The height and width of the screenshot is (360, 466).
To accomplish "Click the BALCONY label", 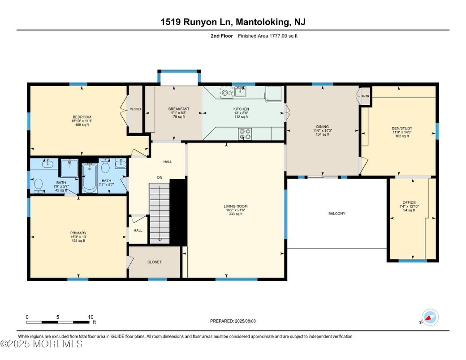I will click(337, 214).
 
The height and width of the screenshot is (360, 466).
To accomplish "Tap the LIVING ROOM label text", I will click(236, 206).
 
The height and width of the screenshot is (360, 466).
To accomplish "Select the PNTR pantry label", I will click(366, 96).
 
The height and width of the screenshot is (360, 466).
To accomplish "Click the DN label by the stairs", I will click(159, 178).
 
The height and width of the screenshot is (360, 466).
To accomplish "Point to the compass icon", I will click(431, 317).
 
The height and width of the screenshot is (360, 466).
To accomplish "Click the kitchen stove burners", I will click(246, 133).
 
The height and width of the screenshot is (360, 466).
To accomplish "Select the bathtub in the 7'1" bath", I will click(89, 178).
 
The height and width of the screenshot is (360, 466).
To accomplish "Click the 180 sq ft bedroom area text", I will click(82, 125).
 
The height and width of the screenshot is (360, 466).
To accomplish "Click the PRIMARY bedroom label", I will click(78, 233).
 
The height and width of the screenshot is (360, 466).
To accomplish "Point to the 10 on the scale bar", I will click(91, 317).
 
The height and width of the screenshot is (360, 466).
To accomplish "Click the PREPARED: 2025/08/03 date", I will click(234, 321).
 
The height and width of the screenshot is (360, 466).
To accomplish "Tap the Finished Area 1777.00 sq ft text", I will click(268, 36).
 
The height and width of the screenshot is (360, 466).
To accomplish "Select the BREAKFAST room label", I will click(179, 109).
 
